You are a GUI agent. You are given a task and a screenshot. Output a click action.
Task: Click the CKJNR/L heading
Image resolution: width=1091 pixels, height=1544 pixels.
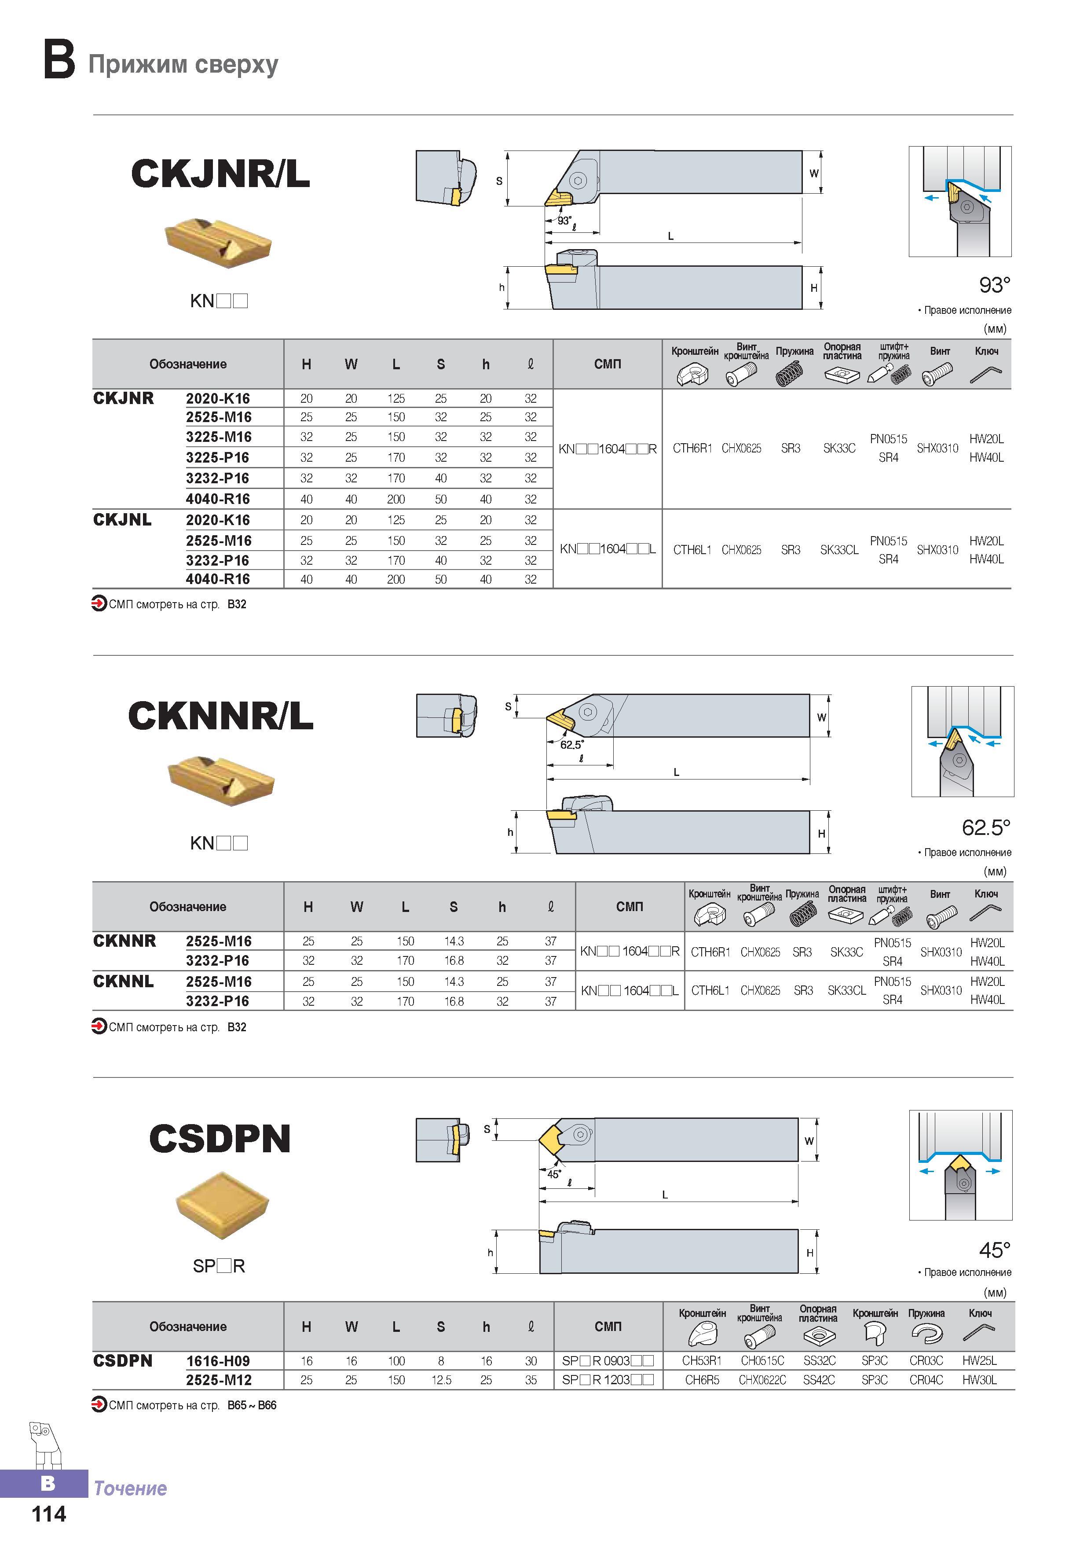tap(220, 173)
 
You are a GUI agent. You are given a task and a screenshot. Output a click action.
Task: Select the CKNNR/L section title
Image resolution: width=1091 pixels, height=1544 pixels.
tap(220, 716)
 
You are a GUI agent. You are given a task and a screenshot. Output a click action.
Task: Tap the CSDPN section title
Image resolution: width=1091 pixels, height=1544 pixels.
tap(220, 1139)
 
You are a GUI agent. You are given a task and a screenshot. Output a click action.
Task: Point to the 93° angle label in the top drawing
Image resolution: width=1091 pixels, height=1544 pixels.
tap(564, 220)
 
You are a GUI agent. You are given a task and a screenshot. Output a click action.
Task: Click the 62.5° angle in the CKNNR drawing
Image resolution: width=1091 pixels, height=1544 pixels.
tap(572, 744)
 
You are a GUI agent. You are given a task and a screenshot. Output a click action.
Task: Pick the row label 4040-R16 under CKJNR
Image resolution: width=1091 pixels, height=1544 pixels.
tap(218, 499)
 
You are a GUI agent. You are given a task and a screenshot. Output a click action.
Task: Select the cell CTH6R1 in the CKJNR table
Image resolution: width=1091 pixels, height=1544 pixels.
tap(692, 448)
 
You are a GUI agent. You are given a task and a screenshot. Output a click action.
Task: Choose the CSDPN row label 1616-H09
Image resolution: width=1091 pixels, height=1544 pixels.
tap(218, 1361)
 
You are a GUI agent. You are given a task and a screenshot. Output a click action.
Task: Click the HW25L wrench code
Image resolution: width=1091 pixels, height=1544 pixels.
tap(979, 1360)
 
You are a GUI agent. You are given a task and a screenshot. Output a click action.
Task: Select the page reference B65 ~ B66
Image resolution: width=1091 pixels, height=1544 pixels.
tap(252, 1405)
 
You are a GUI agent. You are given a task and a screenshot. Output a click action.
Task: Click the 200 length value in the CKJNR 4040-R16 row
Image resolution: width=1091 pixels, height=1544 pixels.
tap(396, 499)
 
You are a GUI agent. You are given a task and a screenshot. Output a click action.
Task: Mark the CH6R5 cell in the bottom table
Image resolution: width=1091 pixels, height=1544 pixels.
tap(702, 1380)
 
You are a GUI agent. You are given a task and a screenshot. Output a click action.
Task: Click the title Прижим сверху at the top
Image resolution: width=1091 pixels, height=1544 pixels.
tap(183, 65)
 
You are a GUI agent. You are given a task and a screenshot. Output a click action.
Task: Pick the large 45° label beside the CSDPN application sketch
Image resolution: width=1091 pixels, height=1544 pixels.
tap(995, 1250)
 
